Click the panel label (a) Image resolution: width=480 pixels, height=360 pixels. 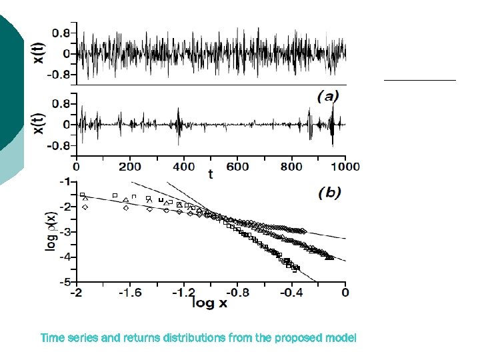327,97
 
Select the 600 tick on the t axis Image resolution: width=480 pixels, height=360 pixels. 237,167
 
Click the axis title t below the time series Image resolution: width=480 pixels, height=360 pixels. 211,174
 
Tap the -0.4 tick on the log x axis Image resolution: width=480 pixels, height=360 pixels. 291,292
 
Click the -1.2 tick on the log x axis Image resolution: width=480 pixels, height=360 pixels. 184,292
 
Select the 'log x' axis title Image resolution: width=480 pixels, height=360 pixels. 210,303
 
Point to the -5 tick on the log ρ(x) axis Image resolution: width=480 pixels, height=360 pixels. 67,282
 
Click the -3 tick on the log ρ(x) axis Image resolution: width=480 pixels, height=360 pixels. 67,232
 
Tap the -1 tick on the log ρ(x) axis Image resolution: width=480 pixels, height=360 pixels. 67,181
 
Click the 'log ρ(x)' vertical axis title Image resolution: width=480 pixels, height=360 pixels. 51,229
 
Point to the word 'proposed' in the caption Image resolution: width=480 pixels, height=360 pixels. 297,338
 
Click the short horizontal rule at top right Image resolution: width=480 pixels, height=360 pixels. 419,79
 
